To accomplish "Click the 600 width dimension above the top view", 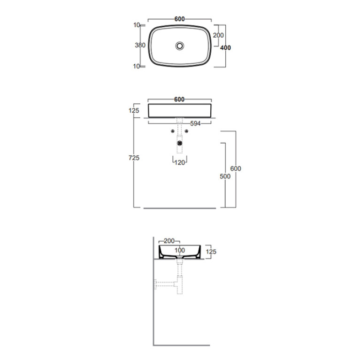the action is click(180, 19).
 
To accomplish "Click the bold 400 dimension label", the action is click(225, 48).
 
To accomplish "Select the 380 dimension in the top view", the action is click(140, 45).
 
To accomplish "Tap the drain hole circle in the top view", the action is click(180, 46).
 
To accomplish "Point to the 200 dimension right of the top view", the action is click(218, 35).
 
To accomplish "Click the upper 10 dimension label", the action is click(137, 25).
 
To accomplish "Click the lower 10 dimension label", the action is click(137, 66).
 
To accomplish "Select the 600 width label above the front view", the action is click(179, 100).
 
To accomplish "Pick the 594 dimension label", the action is click(195, 123).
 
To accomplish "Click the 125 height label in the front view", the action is click(134, 111).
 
